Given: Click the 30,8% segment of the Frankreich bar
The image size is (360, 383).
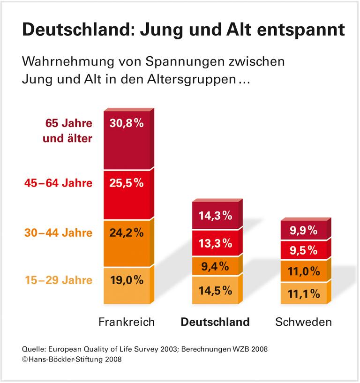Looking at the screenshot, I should (x=127, y=124).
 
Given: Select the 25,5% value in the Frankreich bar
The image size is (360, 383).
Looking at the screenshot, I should (x=127, y=183).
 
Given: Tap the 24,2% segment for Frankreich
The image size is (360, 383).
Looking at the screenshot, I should (x=127, y=233).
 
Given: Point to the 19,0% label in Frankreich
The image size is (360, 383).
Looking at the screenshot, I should (x=127, y=280).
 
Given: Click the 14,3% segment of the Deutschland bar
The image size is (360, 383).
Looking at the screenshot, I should (x=216, y=216).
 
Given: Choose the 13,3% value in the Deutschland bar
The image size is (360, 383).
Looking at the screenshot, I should (x=216, y=244).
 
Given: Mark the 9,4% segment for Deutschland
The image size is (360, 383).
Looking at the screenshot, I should (x=216, y=267).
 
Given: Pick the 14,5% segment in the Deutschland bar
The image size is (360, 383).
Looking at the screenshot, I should (x=216, y=290).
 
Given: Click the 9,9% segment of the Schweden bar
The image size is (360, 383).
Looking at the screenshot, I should (x=304, y=230).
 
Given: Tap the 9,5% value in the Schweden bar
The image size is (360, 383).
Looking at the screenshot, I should (x=304, y=251).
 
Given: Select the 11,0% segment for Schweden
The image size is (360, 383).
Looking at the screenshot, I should (x=304, y=271).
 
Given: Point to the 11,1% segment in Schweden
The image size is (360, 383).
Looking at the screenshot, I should (x=304, y=293).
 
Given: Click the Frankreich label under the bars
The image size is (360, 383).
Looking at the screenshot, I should (x=127, y=322).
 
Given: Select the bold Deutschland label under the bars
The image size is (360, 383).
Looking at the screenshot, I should (x=215, y=322).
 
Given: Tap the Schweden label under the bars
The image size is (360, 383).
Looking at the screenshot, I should (x=303, y=322).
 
